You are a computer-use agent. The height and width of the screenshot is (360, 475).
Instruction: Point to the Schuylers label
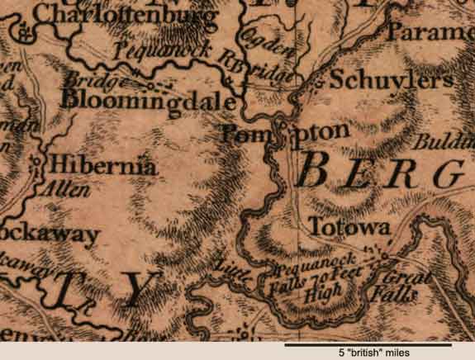coord(391,80)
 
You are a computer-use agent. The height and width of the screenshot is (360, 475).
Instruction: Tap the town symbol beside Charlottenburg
coord(26,33)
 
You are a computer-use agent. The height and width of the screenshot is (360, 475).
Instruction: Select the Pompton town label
coord(281,132)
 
